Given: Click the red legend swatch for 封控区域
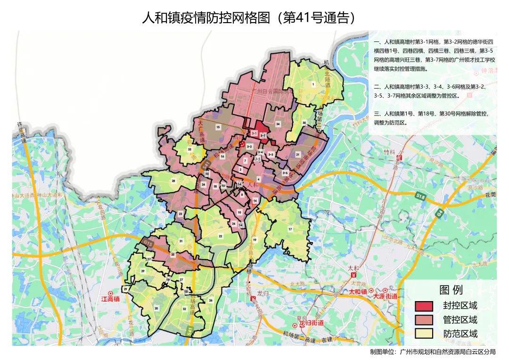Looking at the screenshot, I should coord(424,306).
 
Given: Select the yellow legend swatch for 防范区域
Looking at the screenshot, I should coord(424,334).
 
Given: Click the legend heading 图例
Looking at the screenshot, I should coord(451,290).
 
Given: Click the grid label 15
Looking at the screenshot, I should coord(218,127).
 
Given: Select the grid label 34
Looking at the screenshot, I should coord(278,124).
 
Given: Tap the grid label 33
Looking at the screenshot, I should coord(189,149).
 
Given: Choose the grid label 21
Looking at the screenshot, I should coord(297,155).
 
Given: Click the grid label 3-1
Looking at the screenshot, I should coord(254,134).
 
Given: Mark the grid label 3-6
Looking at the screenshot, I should coord(285,173).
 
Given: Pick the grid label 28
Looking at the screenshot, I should coord(173,181).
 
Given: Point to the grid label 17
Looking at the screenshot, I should coord(290,229).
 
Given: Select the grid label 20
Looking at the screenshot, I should coord(156,308).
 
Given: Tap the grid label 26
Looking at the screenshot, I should coord(211,300).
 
